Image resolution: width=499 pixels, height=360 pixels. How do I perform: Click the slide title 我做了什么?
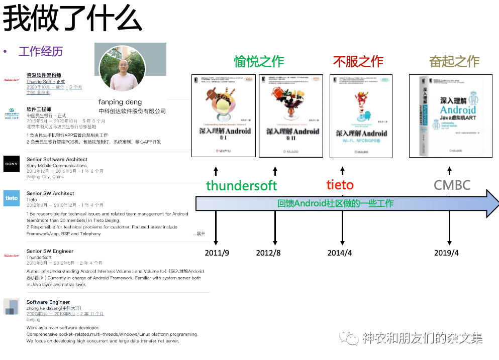tap(72, 19)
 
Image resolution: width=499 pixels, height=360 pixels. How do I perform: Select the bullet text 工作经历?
tap(40, 51)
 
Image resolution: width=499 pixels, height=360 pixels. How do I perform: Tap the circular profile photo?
tap(122, 69)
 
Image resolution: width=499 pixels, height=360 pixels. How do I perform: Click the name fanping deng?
tap(120, 102)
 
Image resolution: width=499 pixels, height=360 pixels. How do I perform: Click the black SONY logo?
tap(12, 164)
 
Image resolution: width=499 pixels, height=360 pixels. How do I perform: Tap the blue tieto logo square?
tap(12, 198)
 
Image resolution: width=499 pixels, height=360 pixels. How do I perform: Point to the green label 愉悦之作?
tap(259, 61)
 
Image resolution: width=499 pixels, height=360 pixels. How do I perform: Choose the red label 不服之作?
tap(358, 61)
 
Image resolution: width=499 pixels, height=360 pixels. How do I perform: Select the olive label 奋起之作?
tap(454, 61)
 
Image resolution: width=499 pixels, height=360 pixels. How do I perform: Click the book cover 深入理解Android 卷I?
tap(223, 115)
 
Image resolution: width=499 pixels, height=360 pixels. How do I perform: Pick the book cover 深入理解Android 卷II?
tap(291, 115)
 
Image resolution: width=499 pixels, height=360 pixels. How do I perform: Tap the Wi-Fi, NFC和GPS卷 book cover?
tap(361, 115)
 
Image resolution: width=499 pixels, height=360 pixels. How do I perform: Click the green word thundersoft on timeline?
tap(241, 186)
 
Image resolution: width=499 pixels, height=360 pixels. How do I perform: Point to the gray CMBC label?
tap(452, 185)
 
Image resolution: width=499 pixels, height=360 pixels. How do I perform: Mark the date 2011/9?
tap(217, 253)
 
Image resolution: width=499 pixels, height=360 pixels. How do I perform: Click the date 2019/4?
tap(446, 253)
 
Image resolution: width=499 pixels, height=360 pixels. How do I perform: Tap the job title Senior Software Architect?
tap(57, 159)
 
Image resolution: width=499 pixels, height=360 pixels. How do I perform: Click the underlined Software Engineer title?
tap(48, 302)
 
